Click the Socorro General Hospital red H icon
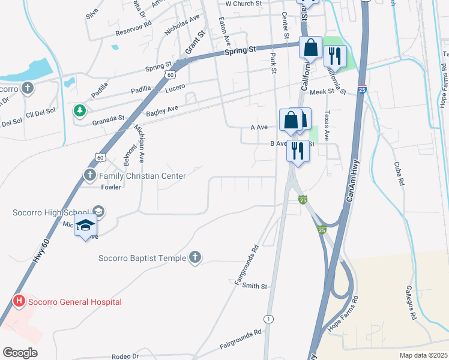tap(19, 301)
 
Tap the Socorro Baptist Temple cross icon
tap(194, 258)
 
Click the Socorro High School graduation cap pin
tap(85, 225)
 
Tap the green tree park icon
tap(79, 110)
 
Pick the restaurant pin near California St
tap(334, 56)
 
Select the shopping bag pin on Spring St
tap(312, 47)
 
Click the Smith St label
tap(255, 287)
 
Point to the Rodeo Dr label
tap(127, 356)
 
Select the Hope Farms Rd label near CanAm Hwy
tap(342, 314)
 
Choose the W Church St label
tap(244, 3)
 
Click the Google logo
tap(20, 353)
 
